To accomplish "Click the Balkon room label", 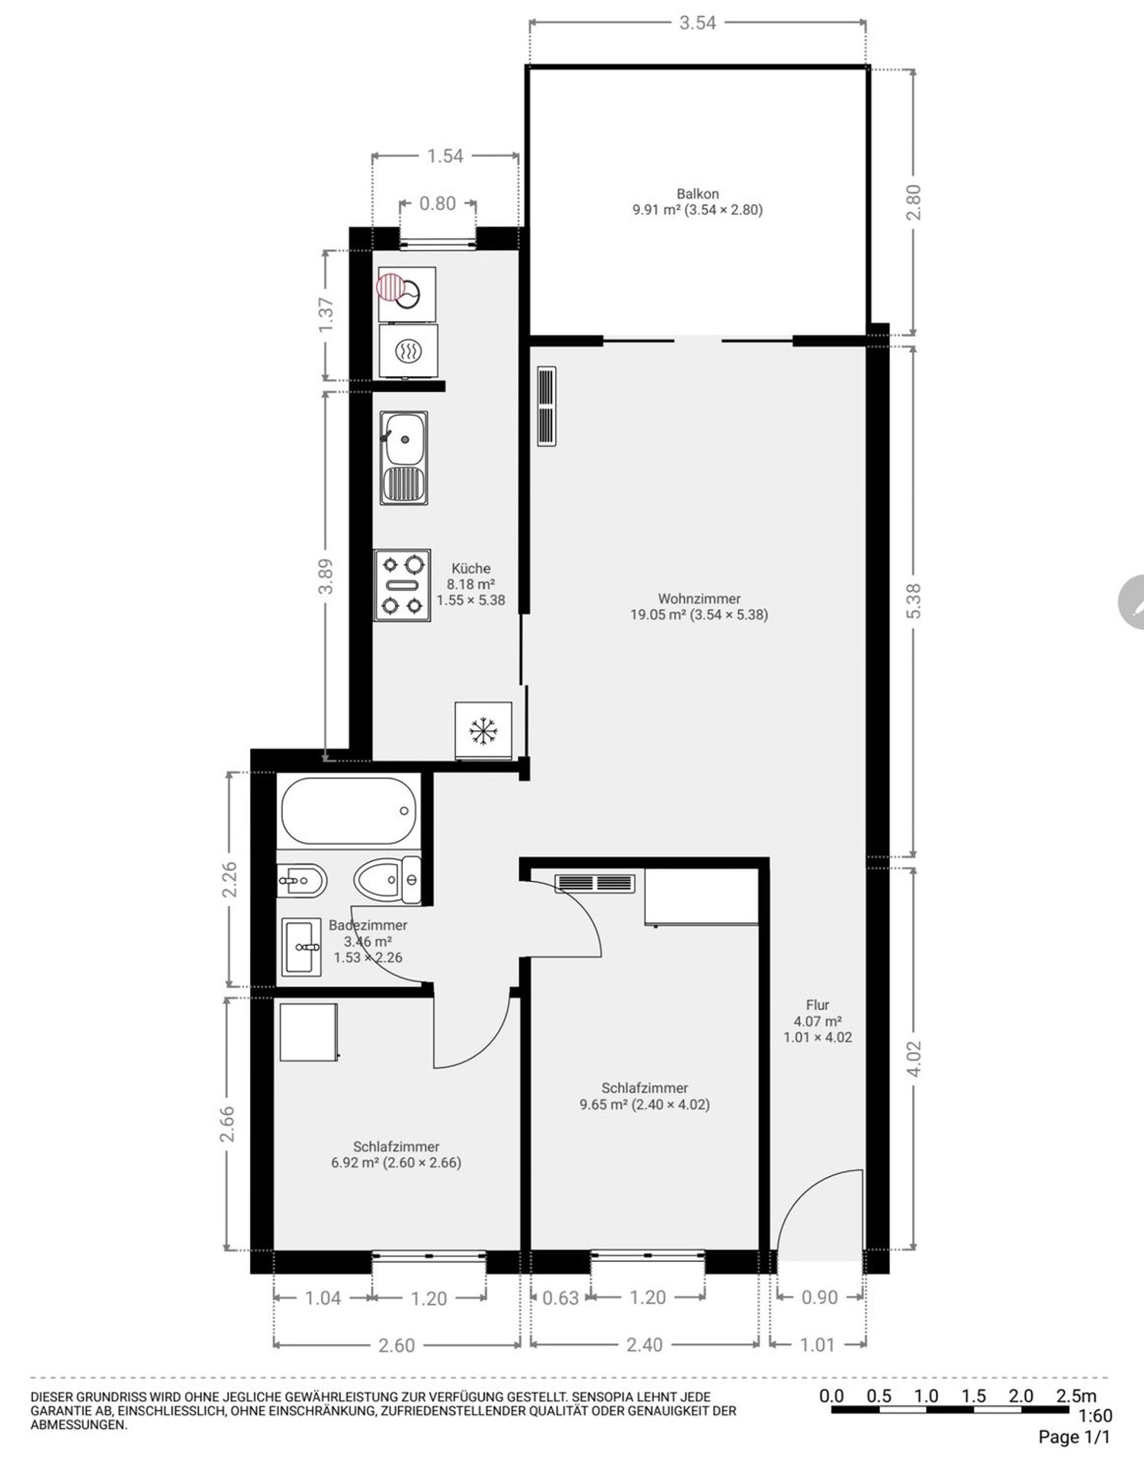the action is click(697, 194).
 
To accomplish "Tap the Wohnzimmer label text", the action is click(699, 599).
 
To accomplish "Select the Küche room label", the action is click(471, 568).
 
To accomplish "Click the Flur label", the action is click(817, 1005).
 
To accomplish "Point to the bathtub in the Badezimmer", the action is click(349, 810).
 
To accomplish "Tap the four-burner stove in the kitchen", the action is click(403, 585).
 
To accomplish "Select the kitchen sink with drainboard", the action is click(404, 458).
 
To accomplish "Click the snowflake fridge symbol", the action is click(483, 731).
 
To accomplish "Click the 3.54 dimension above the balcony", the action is click(698, 23).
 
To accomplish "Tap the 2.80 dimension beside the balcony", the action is click(914, 202).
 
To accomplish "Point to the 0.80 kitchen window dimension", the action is click(438, 204).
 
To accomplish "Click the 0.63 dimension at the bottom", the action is click(561, 1298).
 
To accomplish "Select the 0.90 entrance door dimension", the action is click(820, 1298).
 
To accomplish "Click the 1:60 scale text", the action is click(1095, 1417).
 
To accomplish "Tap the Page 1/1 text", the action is click(1074, 1438).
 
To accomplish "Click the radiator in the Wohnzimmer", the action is click(547, 407).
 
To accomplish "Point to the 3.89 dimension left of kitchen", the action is click(326, 577).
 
